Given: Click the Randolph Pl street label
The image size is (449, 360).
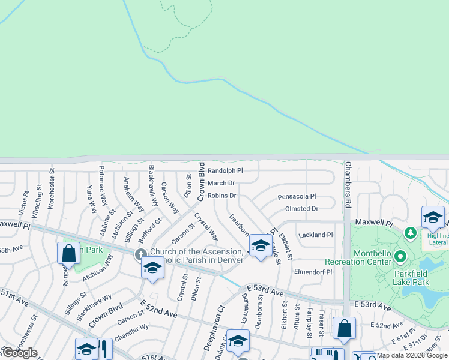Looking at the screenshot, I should tap(225, 171).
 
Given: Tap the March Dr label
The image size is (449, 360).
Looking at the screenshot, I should tap(221, 183).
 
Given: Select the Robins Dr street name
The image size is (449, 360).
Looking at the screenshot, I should tap(222, 196).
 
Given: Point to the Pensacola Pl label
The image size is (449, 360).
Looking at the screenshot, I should tap(297, 197).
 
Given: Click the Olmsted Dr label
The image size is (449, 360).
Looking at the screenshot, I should tap(301, 209).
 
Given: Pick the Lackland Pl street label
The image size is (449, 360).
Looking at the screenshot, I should tap(315, 235).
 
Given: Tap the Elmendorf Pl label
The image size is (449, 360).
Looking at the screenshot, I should tap(313, 272).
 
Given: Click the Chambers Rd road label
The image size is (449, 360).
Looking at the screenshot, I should tap(348, 185).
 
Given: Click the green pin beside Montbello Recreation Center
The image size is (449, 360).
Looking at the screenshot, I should tap(401, 257).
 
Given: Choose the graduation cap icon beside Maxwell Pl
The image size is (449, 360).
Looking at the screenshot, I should tap(432, 217).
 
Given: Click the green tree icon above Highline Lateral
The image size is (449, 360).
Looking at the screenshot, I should tap(411, 232).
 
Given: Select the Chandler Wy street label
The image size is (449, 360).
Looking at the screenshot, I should tap(131, 333).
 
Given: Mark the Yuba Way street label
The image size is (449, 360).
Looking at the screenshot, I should tap(92, 199).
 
